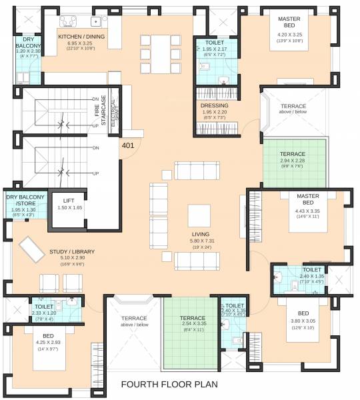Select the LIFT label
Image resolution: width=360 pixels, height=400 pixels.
click(x=69, y=200)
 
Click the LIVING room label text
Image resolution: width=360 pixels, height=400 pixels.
click(x=200, y=235)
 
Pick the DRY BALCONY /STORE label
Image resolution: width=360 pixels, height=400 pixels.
click(x=25, y=201)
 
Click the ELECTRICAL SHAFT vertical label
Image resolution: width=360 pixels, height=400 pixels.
click(x=114, y=114)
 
